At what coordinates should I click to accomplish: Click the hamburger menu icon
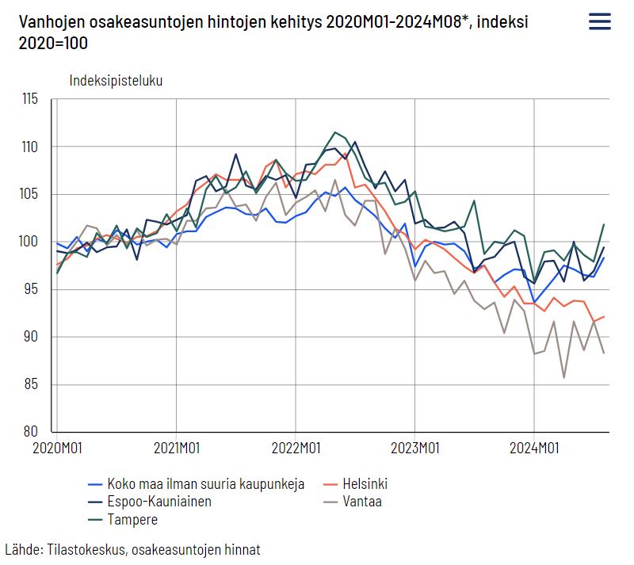(x=599, y=21)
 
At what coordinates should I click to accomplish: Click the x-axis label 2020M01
(x=57, y=449)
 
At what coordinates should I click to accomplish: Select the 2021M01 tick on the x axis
(x=176, y=449)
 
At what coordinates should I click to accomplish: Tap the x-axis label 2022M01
(x=296, y=449)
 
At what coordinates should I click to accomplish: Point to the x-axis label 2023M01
(x=414, y=449)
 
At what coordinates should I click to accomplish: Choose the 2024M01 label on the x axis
(x=534, y=449)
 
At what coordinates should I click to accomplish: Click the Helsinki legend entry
(x=365, y=483)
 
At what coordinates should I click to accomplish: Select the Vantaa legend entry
(x=362, y=501)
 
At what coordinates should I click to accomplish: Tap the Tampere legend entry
(x=132, y=519)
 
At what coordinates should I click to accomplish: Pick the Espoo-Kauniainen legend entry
(x=158, y=501)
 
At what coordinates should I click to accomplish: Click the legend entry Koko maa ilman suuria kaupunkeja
(x=205, y=483)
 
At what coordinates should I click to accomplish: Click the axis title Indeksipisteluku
(x=116, y=80)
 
